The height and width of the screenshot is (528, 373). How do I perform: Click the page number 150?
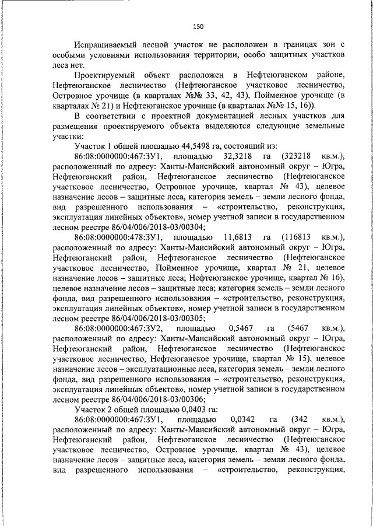198,26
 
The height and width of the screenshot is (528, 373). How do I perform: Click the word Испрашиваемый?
104,45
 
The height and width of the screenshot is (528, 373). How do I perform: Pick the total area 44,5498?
184,146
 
